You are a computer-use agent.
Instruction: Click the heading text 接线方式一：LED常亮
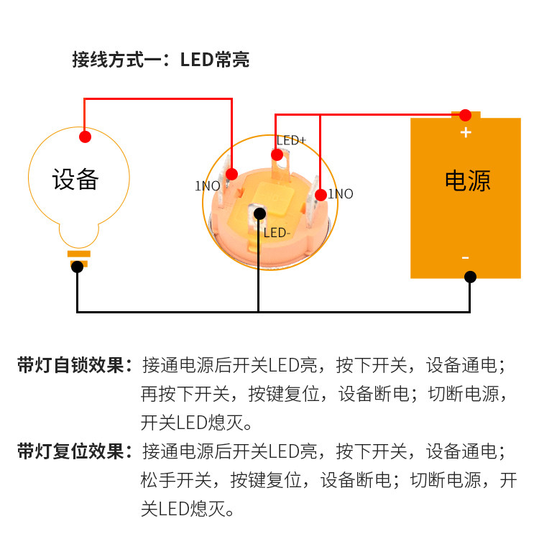pos(160,60)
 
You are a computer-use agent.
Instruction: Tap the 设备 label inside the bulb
pos(75,179)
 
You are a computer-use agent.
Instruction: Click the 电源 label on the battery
pos(468,180)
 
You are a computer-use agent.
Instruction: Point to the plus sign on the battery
pos(466,132)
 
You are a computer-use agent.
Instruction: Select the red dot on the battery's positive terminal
pos(466,115)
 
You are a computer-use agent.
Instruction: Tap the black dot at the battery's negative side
pos(470,277)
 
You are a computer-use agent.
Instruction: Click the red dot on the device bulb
pos(85,136)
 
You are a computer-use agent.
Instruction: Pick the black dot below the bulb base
pos(77,267)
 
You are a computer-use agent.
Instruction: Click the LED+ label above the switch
pos(292,140)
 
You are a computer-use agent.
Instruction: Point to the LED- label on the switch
pos(277,232)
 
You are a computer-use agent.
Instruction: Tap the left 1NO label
pos(208,185)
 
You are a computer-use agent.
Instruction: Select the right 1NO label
pos(341,194)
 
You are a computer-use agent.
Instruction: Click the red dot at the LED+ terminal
pos(277,155)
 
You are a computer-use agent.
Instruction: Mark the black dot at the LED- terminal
pos(259,213)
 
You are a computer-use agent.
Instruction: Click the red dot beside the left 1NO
pos(232,173)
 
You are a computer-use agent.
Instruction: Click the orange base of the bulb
pos(78,254)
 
